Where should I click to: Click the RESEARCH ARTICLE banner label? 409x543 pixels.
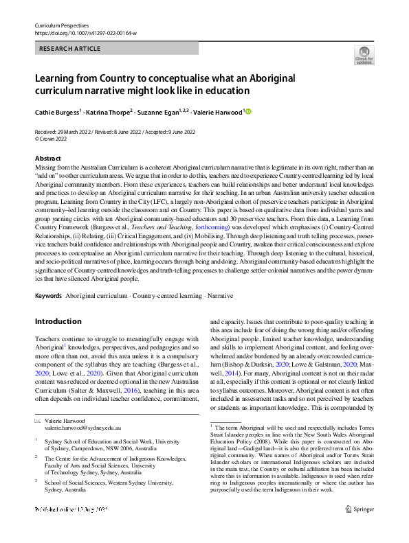71,49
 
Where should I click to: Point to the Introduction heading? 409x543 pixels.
58,321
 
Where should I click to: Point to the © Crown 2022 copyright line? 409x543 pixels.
52,138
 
